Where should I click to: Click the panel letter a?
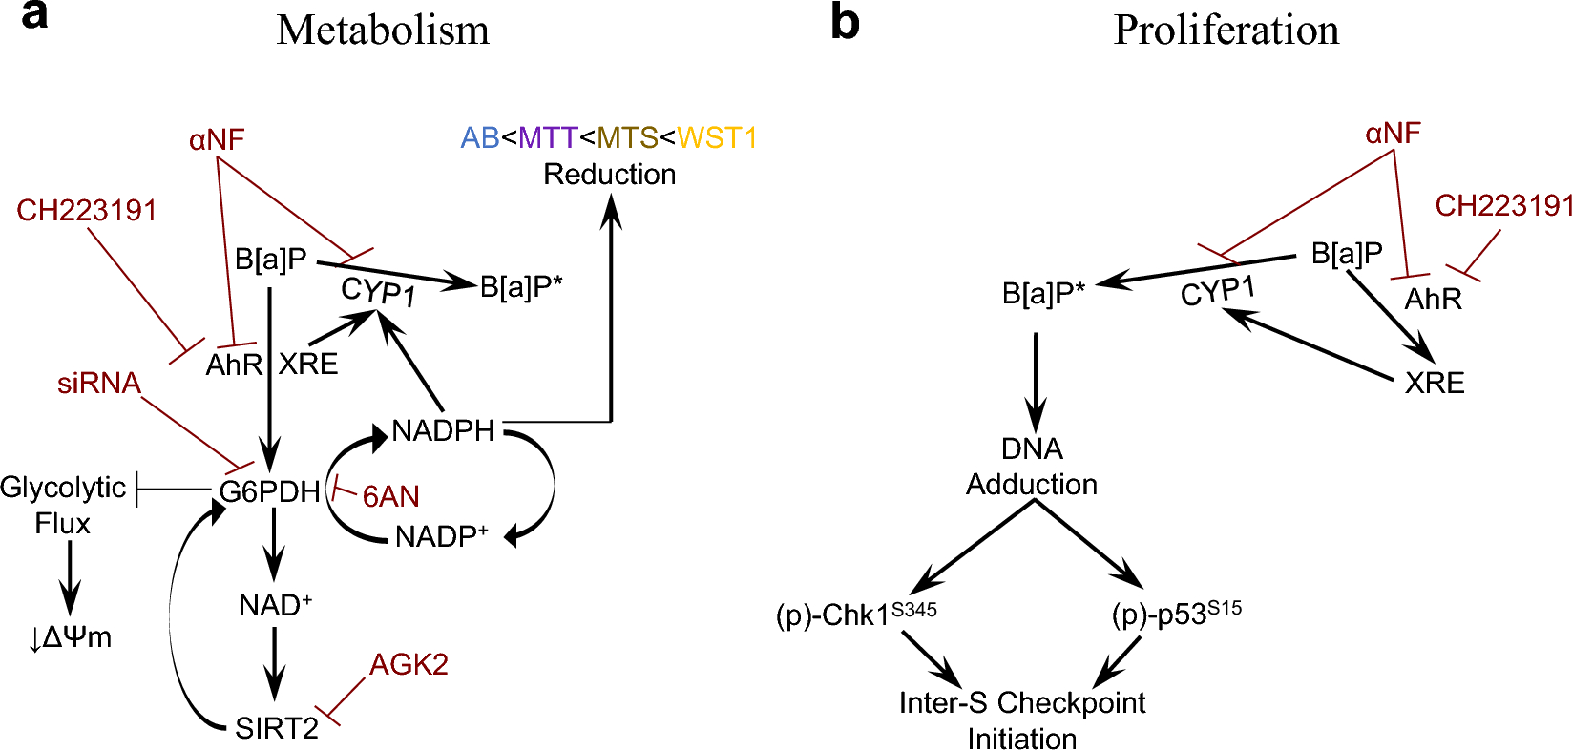(34, 17)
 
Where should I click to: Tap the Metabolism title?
(383, 31)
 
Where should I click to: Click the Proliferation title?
(1226, 31)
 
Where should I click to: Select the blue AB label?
(480, 138)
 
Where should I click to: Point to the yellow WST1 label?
(717, 138)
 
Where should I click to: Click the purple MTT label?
(548, 138)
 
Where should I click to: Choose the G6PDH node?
(269, 492)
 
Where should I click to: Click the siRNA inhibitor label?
(99, 384)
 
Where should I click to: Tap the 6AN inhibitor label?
(390, 497)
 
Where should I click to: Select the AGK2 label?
(409, 664)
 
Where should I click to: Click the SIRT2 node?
(277, 729)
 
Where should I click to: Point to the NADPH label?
(443, 431)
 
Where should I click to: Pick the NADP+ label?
(441, 537)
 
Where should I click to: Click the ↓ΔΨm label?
(71, 637)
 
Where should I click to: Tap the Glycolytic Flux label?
(63, 506)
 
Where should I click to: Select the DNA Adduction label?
(1032, 467)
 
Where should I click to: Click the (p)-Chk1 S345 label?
(856, 615)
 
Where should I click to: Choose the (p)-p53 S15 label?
(1176, 615)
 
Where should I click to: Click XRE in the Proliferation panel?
(1435, 384)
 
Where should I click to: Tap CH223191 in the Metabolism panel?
(87, 211)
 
